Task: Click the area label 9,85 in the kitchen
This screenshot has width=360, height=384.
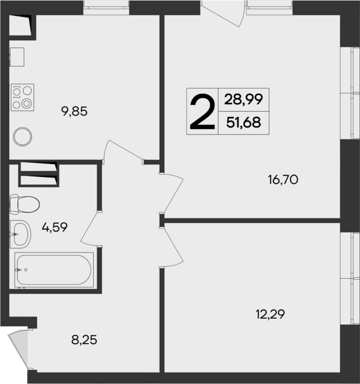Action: pos(75,111)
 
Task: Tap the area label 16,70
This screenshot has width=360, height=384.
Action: pos(283,180)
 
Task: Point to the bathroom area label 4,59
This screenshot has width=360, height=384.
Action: pos(54,227)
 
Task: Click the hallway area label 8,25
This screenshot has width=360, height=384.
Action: pos(83,339)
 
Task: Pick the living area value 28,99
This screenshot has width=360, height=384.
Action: pos(243,99)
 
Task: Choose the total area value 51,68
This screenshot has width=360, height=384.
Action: pos(243,123)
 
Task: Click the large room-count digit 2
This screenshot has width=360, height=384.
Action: pos(202,112)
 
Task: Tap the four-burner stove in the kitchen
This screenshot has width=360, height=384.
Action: pos(23,97)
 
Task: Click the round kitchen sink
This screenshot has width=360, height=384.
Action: pos(22,137)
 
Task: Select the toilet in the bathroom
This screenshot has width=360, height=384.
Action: pos(24,204)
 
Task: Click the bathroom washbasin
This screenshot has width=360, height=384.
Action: pos(21,235)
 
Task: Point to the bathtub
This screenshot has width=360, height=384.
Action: pos(54,270)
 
